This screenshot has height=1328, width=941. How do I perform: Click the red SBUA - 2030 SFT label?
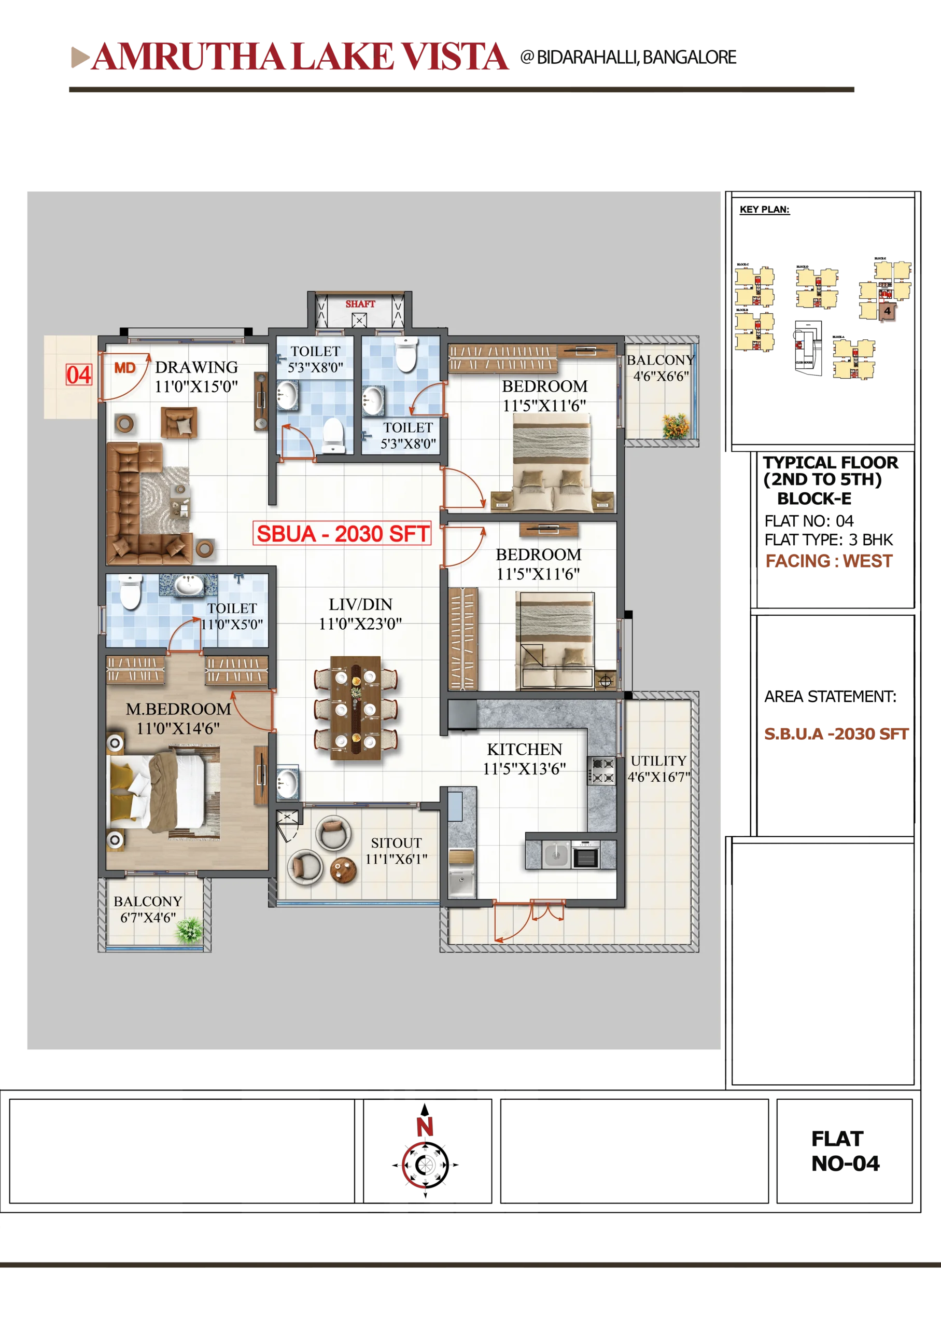pyautogui.click(x=342, y=534)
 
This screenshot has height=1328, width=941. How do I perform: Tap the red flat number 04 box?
pyautogui.click(x=79, y=375)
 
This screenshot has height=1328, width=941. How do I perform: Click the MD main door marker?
pyautogui.click(x=124, y=368)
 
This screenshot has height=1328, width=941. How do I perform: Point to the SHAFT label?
pyautogui.click(x=360, y=304)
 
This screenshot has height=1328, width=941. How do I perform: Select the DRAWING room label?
pyautogui.click(x=196, y=367)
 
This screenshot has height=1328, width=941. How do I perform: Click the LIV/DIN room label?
pyautogui.click(x=360, y=604)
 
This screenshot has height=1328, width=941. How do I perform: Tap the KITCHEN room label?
pyautogui.click(x=524, y=750)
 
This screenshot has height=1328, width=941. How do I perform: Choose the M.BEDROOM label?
pyautogui.click(x=178, y=709)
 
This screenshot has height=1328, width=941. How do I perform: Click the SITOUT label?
pyautogui.click(x=396, y=843)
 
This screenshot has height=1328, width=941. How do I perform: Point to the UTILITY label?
pyautogui.click(x=658, y=760)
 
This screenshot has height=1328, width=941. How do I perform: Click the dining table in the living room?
pyautogui.click(x=355, y=707)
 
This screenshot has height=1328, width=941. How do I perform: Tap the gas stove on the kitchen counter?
pyautogui.click(x=601, y=771)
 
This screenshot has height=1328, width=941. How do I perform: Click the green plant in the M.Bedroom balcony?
pyautogui.click(x=189, y=929)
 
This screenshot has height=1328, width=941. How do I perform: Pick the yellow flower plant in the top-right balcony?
pyautogui.click(x=676, y=426)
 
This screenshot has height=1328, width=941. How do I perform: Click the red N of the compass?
pyautogui.click(x=425, y=1127)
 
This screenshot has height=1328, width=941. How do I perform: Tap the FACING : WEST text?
pyautogui.click(x=829, y=561)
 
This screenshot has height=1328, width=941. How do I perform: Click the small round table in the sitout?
pyautogui.click(x=343, y=870)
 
